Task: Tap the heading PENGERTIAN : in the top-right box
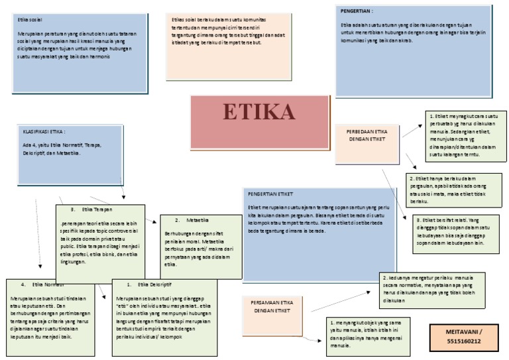click(x=357, y=11)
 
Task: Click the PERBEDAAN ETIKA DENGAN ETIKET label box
click(x=367, y=135)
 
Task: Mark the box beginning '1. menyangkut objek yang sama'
click(x=370, y=335)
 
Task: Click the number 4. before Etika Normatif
click(x=23, y=284)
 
